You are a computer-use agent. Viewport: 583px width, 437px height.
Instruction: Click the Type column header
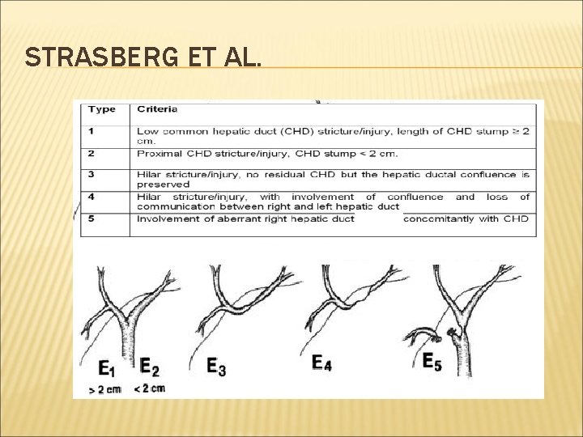pyautogui.click(x=102, y=108)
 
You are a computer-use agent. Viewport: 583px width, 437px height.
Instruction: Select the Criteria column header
pyautogui.click(x=157, y=108)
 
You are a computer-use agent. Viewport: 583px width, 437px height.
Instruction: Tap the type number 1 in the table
pyautogui.click(x=91, y=130)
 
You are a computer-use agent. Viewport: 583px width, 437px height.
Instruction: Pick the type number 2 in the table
pyautogui.click(x=91, y=154)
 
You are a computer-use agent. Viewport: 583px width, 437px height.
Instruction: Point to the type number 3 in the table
pyautogui.click(x=91, y=173)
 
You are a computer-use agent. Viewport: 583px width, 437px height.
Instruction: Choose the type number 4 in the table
pyautogui.click(x=91, y=197)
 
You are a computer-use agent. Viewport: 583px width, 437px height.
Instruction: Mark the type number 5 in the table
pyautogui.click(x=91, y=218)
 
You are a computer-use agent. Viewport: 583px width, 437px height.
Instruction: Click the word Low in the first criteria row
pyautogui.click(x=147, y=130)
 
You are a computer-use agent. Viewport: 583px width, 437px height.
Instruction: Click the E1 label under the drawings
pyautogui.click(x=106, y=368)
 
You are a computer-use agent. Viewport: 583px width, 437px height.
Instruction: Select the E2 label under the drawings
pyautogui.click(x=148, y=368)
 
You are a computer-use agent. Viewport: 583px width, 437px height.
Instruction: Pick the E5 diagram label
pyautogui.click(x=432, y=361)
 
